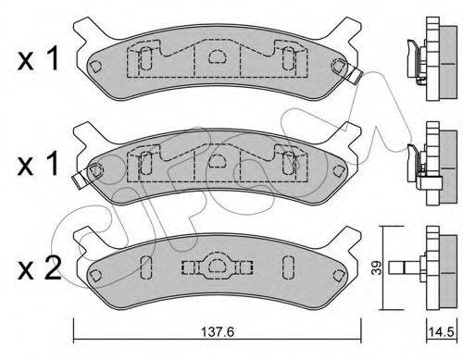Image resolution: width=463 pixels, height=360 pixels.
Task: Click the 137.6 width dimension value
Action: [218, 332]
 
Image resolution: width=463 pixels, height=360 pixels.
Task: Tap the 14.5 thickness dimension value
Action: [442, 332]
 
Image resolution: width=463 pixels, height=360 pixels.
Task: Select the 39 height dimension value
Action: [376, 267]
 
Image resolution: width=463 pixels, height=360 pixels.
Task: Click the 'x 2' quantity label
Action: [40, 269]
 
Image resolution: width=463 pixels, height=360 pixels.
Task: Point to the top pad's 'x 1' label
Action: [38, 58]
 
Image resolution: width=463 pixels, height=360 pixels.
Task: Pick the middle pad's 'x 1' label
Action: [38, 164]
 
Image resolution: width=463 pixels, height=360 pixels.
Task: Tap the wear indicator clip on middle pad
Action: [79, 180]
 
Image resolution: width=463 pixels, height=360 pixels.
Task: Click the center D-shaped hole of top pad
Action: [218, 56]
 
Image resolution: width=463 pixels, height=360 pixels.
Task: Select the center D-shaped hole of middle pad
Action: [218, 161]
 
